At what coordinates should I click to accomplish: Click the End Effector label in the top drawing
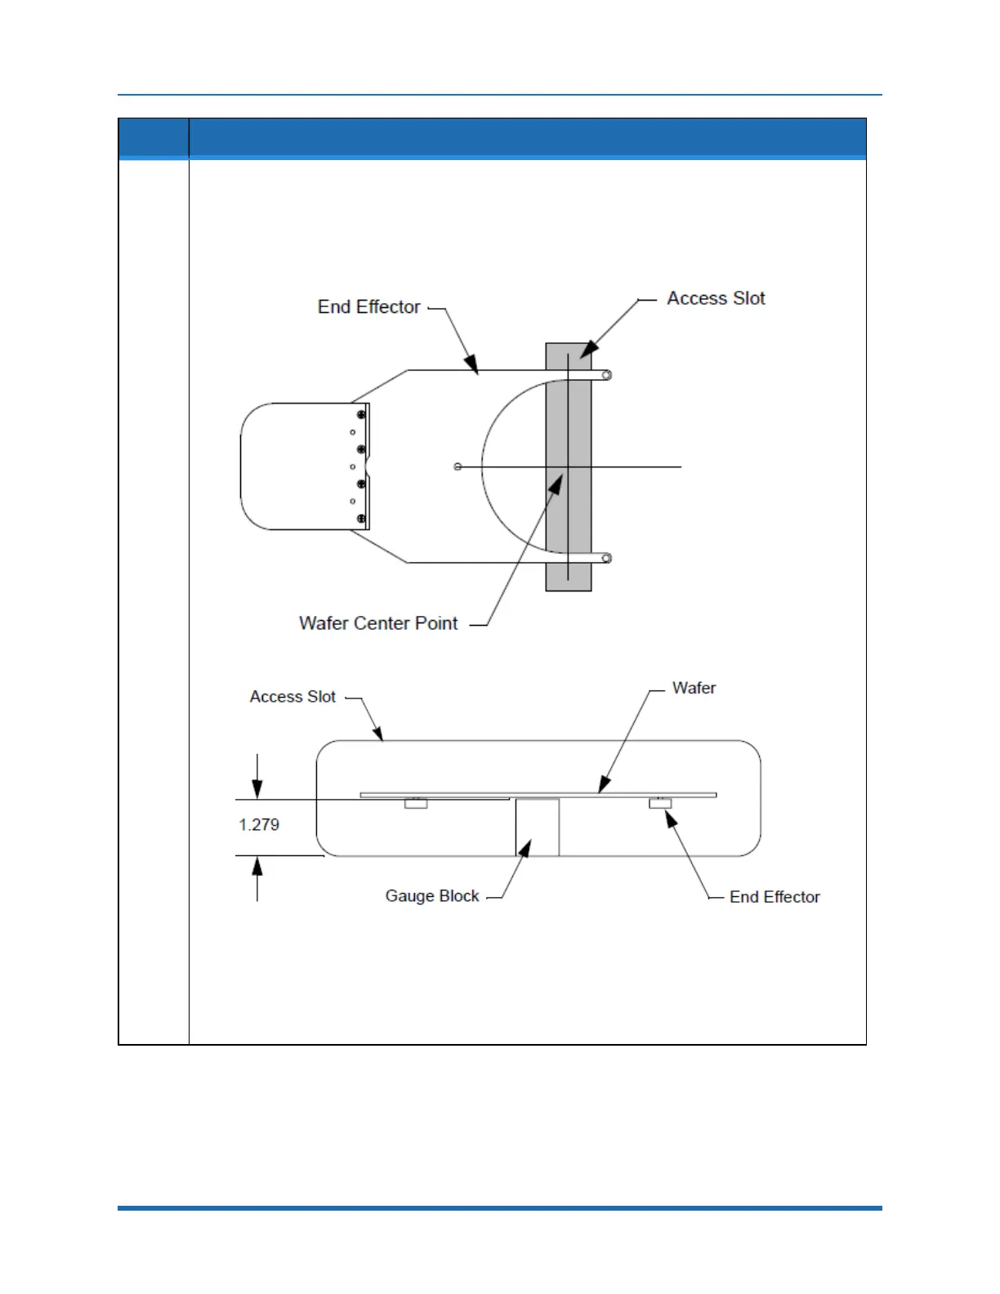(x=368, y=307)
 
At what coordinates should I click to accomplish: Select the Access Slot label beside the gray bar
(x=716, y=299)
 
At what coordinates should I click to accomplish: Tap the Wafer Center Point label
(x=378, y=623)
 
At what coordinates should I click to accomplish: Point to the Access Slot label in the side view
(x=292, y=697)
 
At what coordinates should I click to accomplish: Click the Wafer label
(x=694, y=688)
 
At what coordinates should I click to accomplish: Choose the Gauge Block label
(x=432, y=896)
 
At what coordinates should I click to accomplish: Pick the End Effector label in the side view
(x=775, y=897)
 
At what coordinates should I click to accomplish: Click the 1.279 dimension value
(x=259, y=825)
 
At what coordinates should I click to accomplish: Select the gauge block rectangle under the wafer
(x=538, y=828)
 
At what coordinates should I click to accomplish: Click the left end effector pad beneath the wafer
(x=416, y=804)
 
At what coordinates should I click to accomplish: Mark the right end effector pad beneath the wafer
(x=660, y=804)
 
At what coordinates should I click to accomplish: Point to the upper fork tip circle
(x=606, y=376)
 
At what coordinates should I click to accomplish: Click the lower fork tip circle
(x=606, y=559)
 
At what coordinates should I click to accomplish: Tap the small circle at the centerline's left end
(x=458, y=466)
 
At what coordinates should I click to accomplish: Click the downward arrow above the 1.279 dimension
(x=257, y=787)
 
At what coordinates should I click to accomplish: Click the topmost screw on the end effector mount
(x=361, y=415)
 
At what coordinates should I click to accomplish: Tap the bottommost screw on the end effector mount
(x=361, y=519)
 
